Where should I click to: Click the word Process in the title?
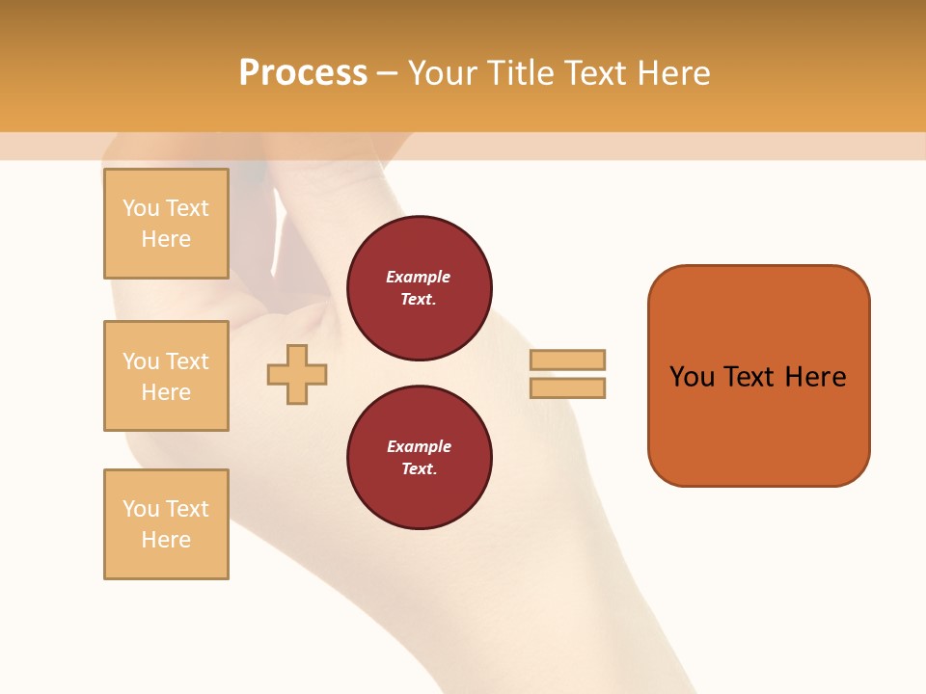pos(303,73)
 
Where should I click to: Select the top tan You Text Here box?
pos(166,224)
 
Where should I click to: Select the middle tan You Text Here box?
pos(166,376)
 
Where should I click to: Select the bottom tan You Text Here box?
pos(166,524)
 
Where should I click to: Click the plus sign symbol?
pos(297,374)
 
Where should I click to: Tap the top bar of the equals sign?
pos(567,360)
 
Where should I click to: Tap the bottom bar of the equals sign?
pos(567,387)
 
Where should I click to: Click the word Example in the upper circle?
pos(419,277)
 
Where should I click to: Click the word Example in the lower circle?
pos(419,446)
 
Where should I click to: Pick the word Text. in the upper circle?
pos(419,299)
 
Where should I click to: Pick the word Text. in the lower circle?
pos(419,468)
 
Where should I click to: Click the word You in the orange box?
pos(693,377)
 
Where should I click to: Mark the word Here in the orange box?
pos(815,377)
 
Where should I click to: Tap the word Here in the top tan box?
pos(166,239)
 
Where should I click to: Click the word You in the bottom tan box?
pos(141,509)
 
